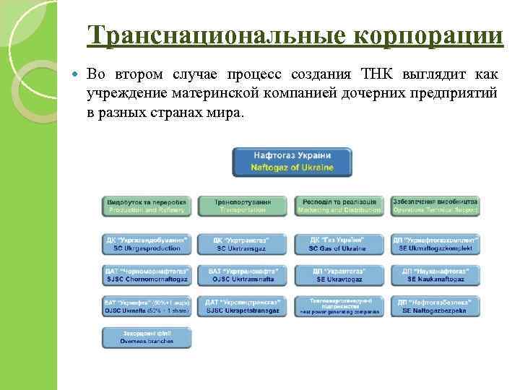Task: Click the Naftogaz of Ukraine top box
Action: point(292,162)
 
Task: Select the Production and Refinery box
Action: point(147,206)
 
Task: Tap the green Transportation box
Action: point(243,206)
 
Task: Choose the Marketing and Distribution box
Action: point(339,206)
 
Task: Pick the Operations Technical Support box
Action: point(435,206)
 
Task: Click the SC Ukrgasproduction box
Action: point(147,243)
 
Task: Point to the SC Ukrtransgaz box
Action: point(243,243)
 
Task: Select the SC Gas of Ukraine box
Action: point(339,243)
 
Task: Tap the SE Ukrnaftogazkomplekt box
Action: point(435,243)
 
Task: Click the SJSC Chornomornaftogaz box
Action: point(147,274)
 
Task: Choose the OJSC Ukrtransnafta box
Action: point(243,274)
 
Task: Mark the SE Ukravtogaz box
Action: point(339,274)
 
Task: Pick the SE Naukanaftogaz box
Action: point(435,274)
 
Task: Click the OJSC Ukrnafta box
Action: point(147,305)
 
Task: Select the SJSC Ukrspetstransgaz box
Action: point(243,305)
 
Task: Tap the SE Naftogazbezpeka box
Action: point(435,305)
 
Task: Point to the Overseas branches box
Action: point(147,337)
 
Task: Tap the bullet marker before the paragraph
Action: point(76,75)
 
